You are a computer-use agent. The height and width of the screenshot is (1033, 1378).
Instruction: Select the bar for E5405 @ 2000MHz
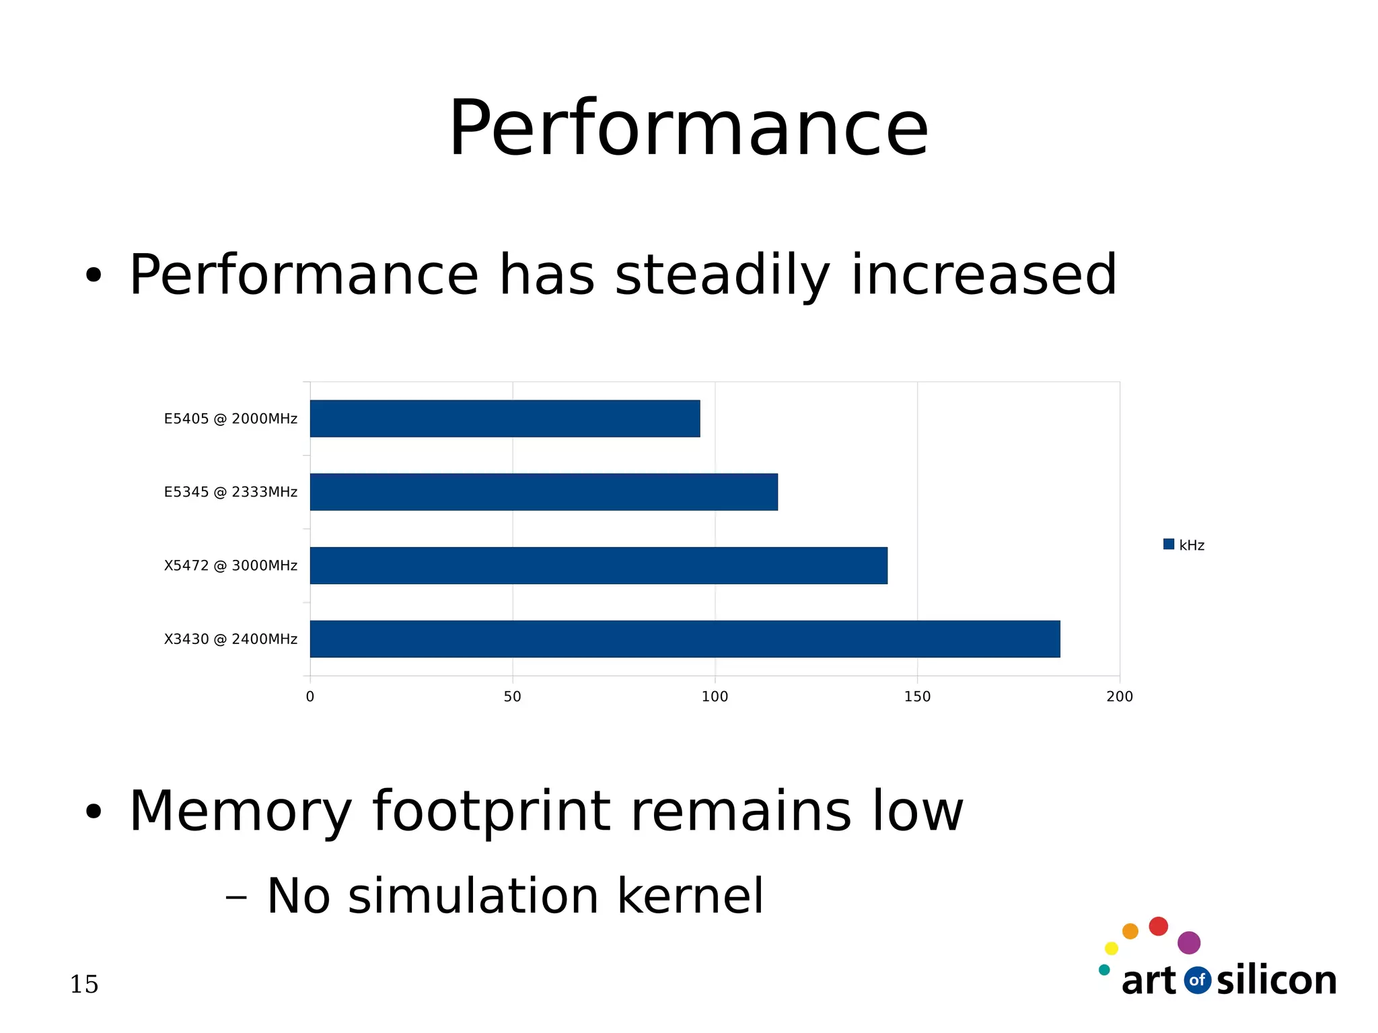point(505,419)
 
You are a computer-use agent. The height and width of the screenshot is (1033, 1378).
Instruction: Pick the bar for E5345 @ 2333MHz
point(544,492)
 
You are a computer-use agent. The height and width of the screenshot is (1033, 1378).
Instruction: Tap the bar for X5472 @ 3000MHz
point(598,565)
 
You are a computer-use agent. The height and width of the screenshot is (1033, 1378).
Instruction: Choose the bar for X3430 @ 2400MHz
point(684,639)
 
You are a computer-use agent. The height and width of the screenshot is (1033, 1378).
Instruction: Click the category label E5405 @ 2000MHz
point(230,419)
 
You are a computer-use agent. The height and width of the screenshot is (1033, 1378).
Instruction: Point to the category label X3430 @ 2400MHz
point(230,639)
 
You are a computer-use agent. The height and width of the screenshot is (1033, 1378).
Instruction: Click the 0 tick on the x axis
point(310,697)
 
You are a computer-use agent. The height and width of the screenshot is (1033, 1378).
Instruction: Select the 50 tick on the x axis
point(512,697)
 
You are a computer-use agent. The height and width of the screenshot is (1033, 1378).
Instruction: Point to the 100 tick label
point(715,697)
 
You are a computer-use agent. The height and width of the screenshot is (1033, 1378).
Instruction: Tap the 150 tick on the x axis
point(917,697)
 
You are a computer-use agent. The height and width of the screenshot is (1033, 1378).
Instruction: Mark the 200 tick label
point(1120,697)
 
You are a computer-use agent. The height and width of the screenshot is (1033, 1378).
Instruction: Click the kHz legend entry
point(1184,545)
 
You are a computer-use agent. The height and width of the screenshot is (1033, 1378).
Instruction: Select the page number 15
point(84,985)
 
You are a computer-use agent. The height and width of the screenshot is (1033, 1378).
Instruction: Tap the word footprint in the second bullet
point(491,812)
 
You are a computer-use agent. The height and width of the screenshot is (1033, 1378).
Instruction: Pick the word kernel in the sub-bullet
point(690,896)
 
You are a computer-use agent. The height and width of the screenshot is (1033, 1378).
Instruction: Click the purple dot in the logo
point(1189,943)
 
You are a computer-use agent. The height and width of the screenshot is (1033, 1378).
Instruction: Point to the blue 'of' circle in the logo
point(1197,981)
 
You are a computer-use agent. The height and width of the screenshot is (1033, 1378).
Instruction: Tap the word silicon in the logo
point(1276,981)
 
